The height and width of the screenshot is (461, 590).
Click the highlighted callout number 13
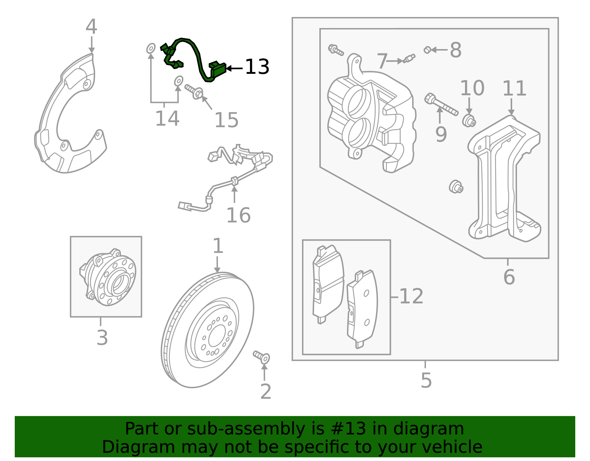pyautogui.click(x=257, y=67)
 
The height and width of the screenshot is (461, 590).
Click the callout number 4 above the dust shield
pyautogui.click(x=91, y=27)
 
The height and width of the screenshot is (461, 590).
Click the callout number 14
pyautogui.click(x=167, y=119)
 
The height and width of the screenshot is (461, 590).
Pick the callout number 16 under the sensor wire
pyautogui.click(x=238, y=215)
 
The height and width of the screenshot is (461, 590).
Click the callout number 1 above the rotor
pyautogui.click(x=218, y=246)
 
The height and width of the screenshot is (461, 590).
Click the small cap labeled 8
pyautogui.click(x=427, y=49)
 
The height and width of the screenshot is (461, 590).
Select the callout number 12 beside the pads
pyautogui.click(x=411, y=296)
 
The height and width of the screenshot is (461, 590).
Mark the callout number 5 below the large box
pyautogui.click(x=426, y=381)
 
